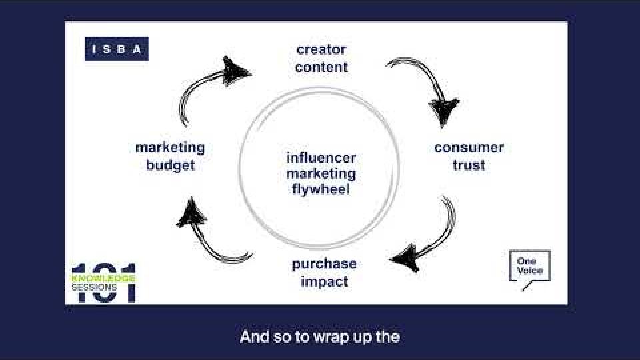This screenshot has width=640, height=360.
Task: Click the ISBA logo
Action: tap(117, 49)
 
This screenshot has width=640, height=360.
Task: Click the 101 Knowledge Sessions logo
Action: tap(103, 283)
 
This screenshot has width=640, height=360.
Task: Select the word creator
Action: tap(321, 49)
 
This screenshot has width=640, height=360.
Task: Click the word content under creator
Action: tap(321, 67)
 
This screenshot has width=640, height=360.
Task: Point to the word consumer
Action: tap(469, 147)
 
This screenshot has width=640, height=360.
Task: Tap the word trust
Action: tap(469, 165)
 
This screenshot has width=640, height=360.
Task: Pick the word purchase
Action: tap(324, 265)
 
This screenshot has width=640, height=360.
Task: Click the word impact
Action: tap(325, 281)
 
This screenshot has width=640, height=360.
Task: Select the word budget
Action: tap(170, 166)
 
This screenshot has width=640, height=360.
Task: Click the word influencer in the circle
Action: tap(321, 158)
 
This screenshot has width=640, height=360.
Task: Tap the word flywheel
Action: tap(321, 189)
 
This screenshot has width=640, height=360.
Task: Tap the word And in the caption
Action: tap(254, 337)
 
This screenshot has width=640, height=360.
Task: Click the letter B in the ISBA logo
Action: tap(121, 49)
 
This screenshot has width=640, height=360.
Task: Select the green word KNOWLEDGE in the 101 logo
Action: tap(103, 279)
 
